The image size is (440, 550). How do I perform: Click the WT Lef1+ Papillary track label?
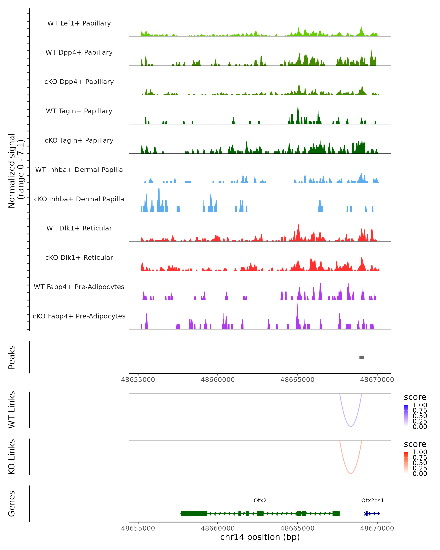coord(79,23)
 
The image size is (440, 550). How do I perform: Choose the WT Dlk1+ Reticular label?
coord(79,228)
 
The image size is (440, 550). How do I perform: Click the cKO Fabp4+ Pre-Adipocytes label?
coord(79,316)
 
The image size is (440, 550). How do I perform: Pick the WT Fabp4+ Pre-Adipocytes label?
coord(79,287)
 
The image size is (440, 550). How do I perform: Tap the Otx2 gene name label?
coord(260,500)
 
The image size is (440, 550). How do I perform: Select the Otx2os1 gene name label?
coord(372,500)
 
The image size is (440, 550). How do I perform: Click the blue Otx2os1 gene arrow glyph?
coord(372,514)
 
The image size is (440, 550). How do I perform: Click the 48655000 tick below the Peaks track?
coord(138,380)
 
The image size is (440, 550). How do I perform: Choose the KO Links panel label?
coord(12,457)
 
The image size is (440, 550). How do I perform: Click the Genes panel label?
coord(12,504)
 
